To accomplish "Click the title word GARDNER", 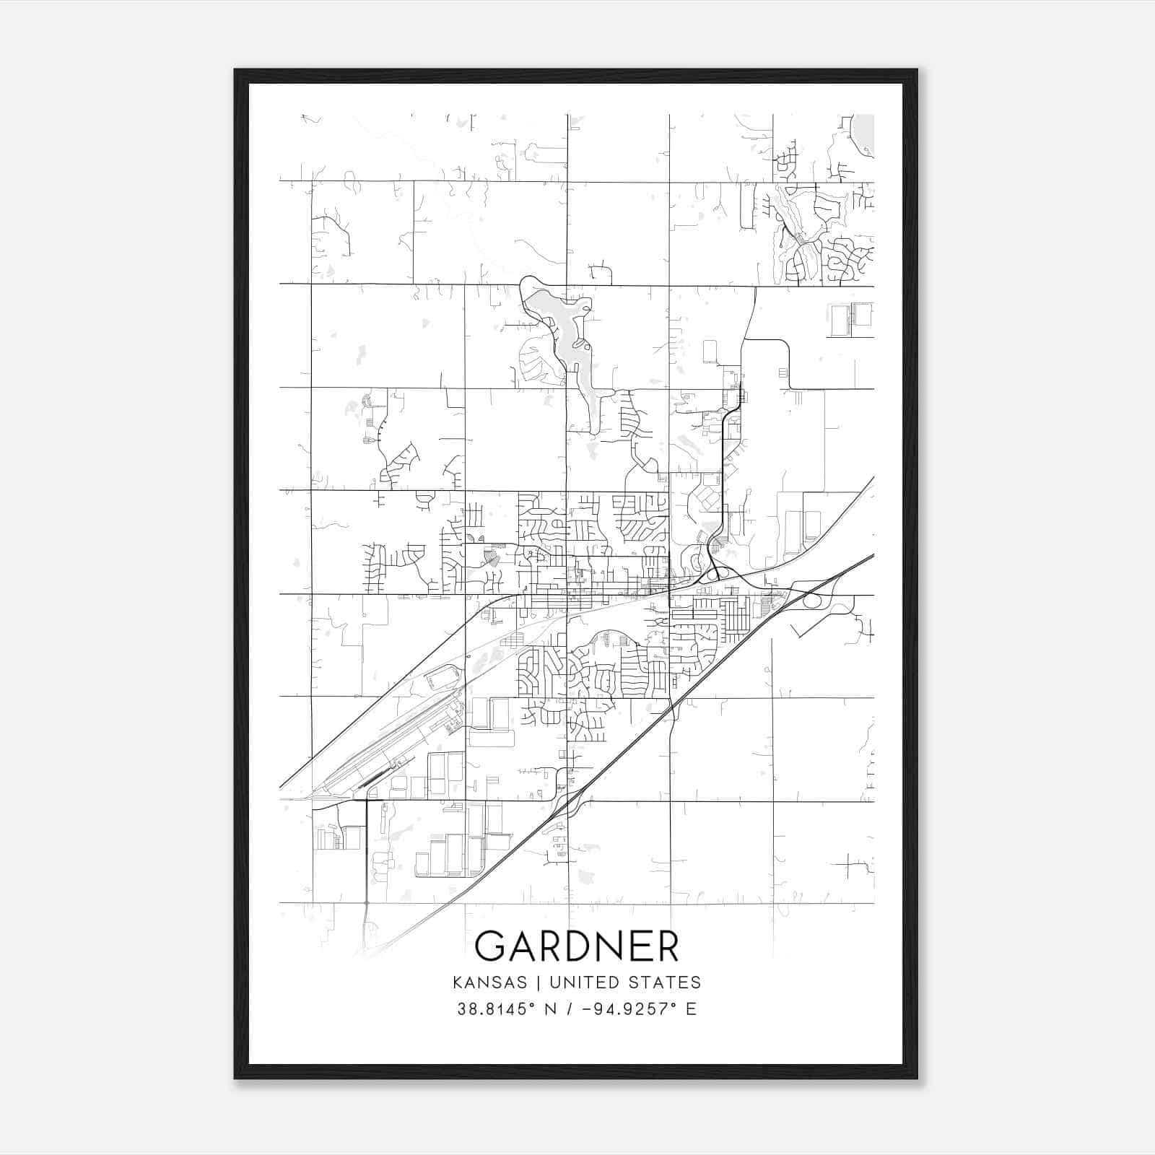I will tap(577, 946).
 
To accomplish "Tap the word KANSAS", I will tap(493, 982).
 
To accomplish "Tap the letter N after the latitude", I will tap(550, 1008).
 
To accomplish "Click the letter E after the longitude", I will tap(691, 1008).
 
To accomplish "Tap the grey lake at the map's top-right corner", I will tap(864, 134).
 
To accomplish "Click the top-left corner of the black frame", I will tap(236, 71).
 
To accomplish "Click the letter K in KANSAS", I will tap(458, 982).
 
